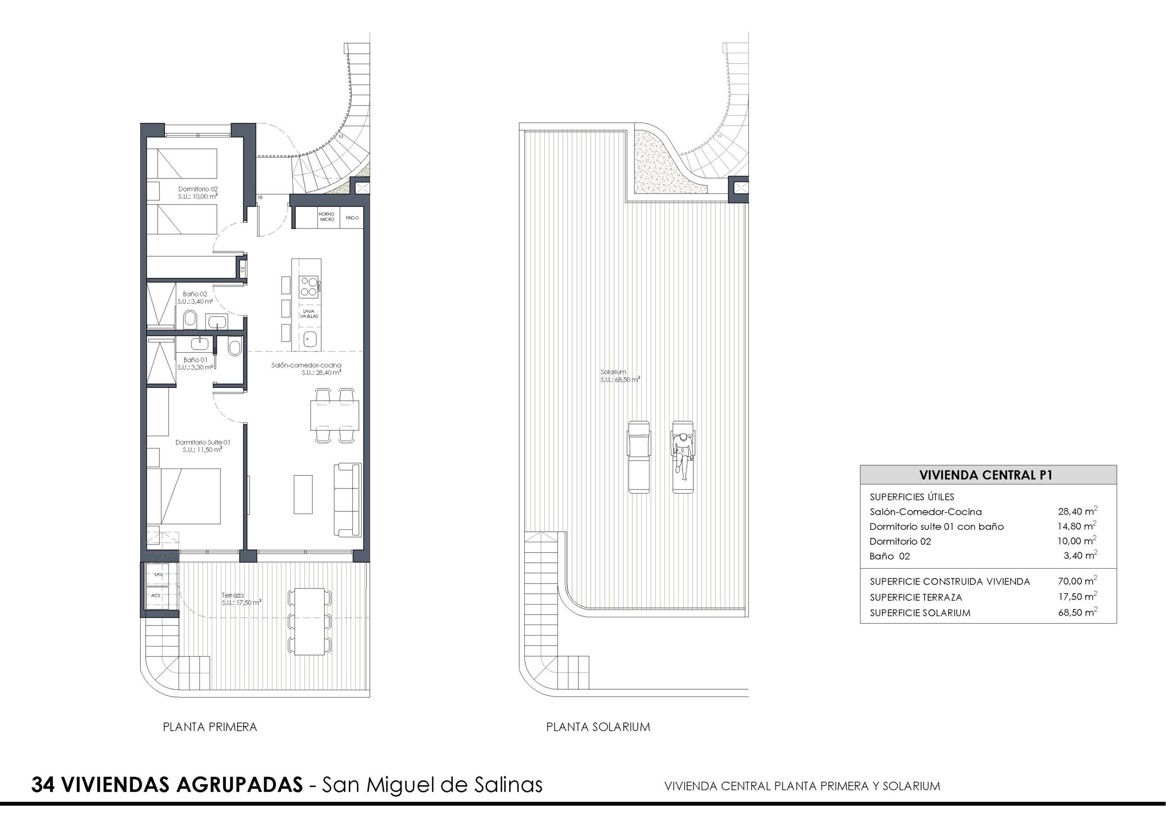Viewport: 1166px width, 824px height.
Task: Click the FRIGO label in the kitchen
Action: pos(352,218)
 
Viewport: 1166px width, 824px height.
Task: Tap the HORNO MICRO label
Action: pos(327,217)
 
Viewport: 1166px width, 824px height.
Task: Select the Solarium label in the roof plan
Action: pos(613,372)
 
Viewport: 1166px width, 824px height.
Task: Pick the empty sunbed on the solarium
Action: pos(639,457)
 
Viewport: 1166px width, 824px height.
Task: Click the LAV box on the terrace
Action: pos(159,575)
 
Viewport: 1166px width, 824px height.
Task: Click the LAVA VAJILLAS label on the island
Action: pos(309,314)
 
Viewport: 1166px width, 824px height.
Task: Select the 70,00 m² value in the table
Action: pos(1078,581)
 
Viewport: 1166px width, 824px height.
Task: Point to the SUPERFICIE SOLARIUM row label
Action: pos(920,613)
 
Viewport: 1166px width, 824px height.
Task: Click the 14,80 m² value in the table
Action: pos(1077,526)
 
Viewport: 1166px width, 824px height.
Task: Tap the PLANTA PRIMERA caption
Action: pos(210,727)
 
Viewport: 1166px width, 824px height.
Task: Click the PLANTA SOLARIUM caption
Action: pos(598,727)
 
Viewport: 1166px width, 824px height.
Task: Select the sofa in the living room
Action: pos(348,499)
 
